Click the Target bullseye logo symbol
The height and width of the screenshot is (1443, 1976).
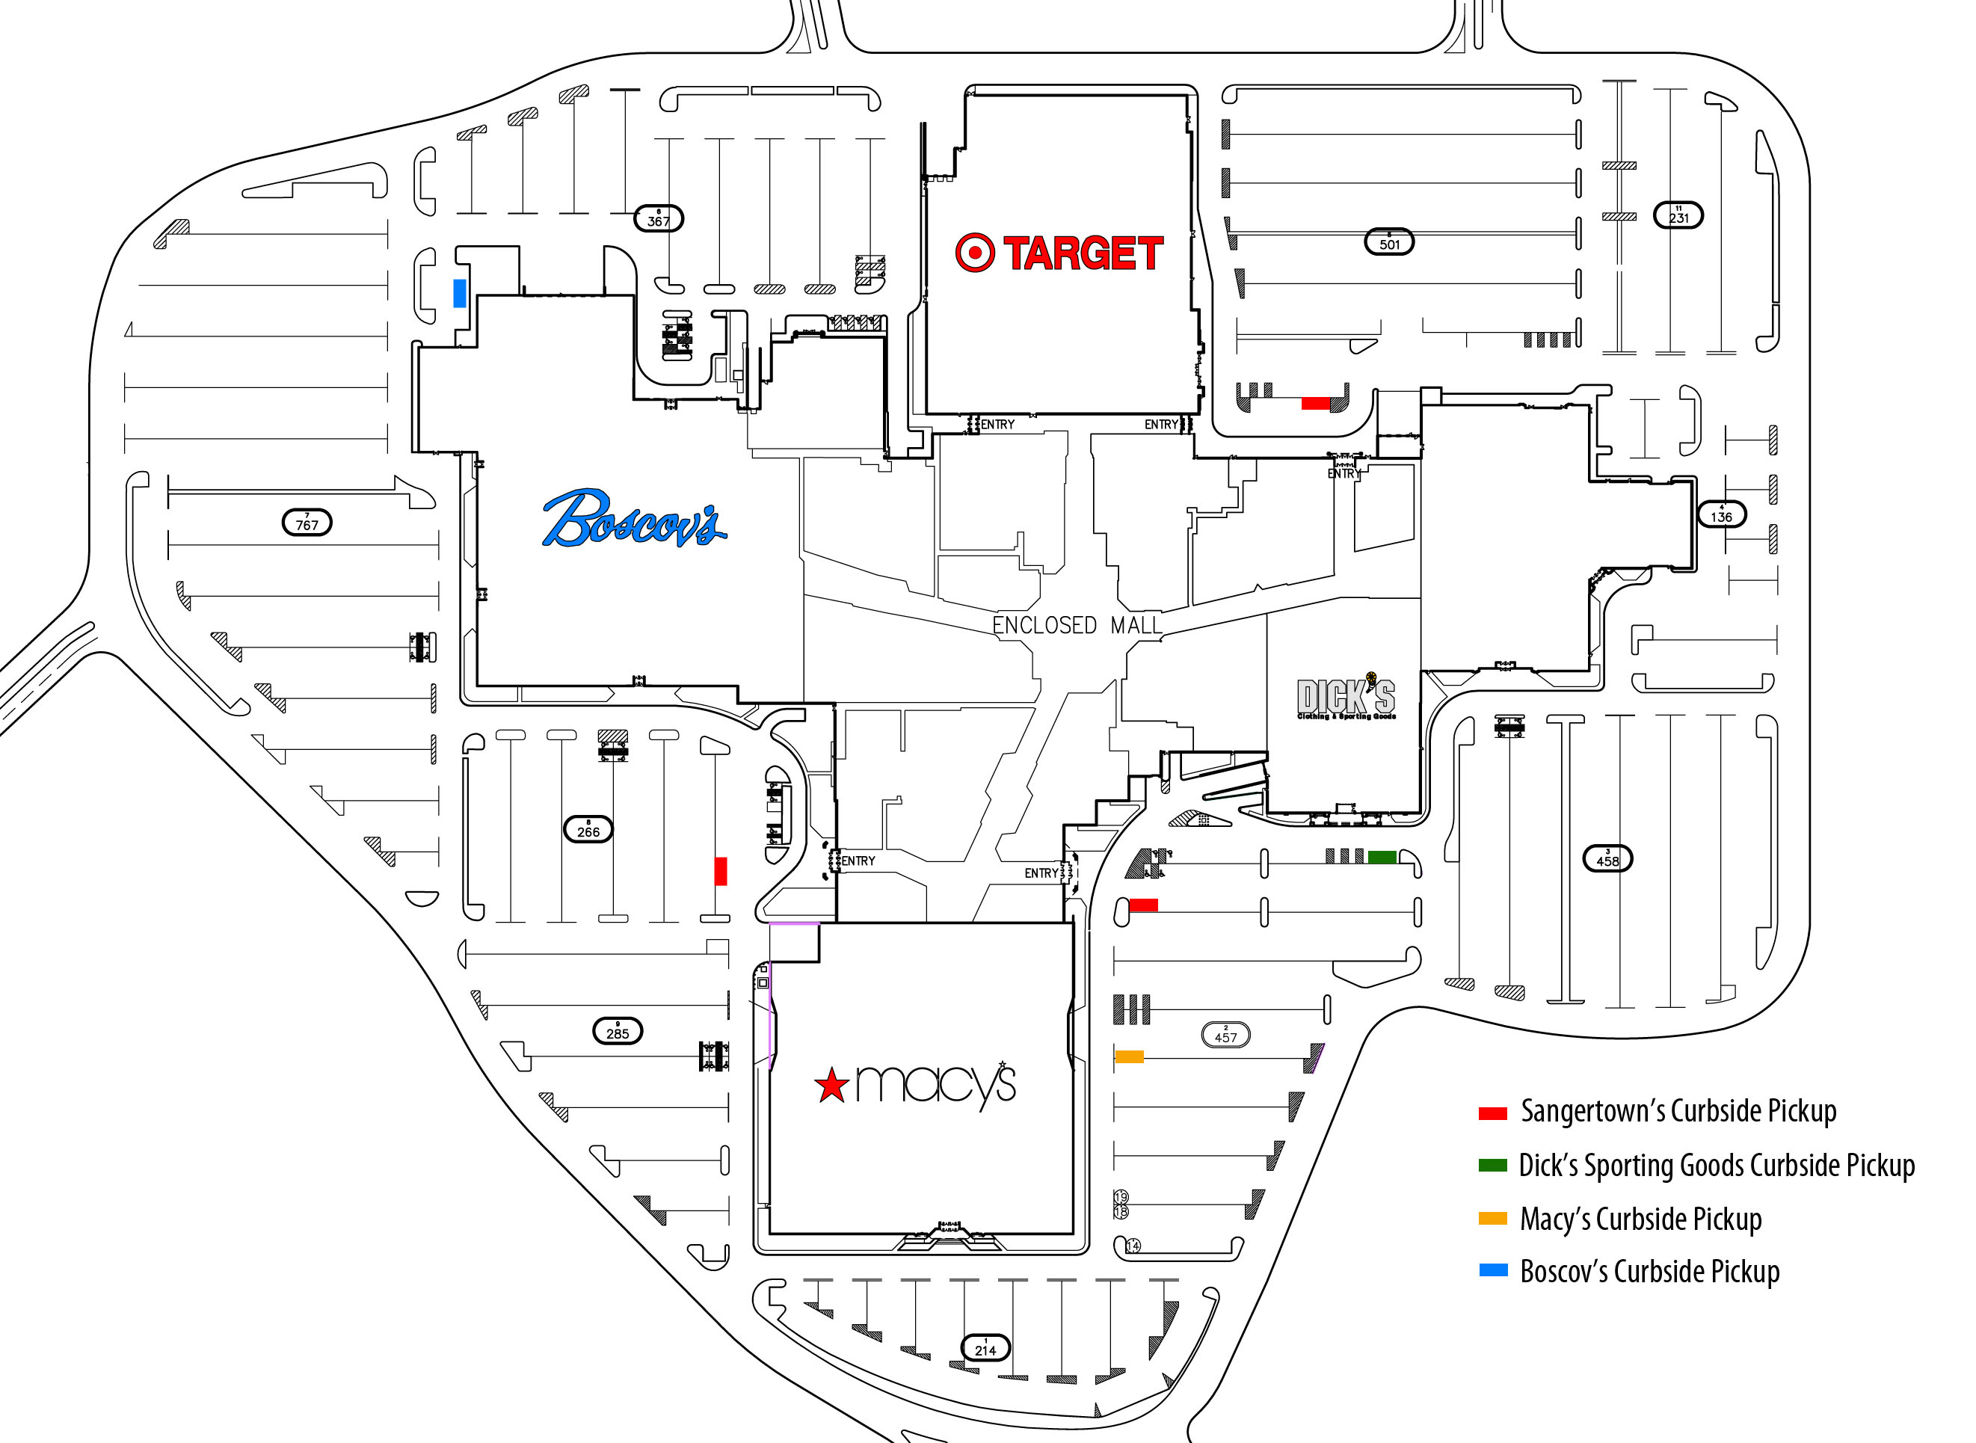click(974, 253)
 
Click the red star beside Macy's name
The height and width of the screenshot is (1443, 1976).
click(831, 1086)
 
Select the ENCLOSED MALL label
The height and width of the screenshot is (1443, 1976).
click(1077, 625)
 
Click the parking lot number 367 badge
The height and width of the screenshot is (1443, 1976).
click(659, 218)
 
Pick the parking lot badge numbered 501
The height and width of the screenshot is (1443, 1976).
click(1389, 242)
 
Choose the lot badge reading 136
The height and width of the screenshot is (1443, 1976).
click(1721, 514)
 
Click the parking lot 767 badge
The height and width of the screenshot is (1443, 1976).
click(307, 523)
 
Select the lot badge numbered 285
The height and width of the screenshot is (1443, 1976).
click(618, 1031)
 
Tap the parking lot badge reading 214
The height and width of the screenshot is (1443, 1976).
click(985, 1348)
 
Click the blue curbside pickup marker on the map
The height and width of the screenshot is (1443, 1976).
click(460, 292)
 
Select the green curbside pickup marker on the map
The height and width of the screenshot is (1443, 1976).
click(1381, 857)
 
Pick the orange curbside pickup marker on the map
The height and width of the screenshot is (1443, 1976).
click(1129, 1057)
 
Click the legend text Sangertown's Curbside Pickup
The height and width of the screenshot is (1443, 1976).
click(1678, 1111)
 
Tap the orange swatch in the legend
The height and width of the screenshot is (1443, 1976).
click(1492, 1219)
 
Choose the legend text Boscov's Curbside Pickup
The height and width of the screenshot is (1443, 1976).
click(1649, 1272)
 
